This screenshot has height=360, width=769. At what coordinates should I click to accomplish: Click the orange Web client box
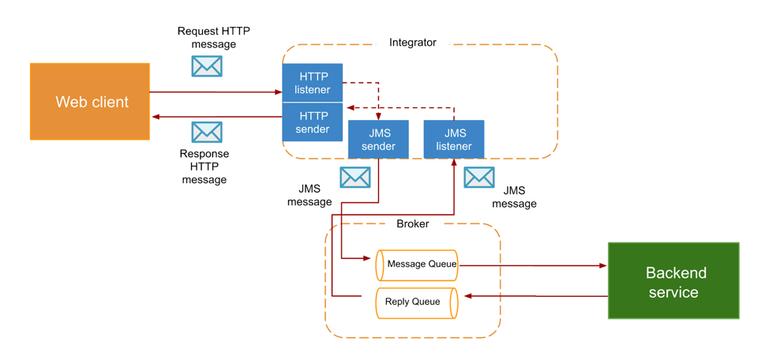click(x=90, y=102)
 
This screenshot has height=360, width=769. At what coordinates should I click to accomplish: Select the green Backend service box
click(x=673, y=281)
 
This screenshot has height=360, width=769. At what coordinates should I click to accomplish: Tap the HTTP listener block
click(x=313, y=83)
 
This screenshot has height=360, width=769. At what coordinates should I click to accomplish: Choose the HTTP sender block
click(x=313, y=122)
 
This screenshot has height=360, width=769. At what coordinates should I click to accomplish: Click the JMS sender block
click(x=378, y=140)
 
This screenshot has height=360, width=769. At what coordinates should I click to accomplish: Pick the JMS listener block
click(x=454, y=140)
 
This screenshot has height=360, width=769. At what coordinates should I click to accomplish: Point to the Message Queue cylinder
click(x=417, y=264)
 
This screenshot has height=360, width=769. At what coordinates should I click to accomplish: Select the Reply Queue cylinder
click(x=416, y=302)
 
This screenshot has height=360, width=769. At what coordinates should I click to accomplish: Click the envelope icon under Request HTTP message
click(x=207, y=66)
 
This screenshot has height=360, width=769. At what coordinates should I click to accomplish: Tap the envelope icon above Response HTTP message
click(x=207, y=132)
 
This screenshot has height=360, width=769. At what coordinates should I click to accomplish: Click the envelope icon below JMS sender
click(x=355, y=178)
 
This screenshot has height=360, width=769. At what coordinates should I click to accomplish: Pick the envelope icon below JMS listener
click(x=479, y=178)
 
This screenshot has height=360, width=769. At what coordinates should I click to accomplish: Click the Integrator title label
click(x=412, y=43)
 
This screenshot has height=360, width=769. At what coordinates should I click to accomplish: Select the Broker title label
click(x=412, y=224)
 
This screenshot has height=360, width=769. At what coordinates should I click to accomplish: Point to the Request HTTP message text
click(x=213, y=38)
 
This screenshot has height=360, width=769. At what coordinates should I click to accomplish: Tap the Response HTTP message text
click(x=204, y=167)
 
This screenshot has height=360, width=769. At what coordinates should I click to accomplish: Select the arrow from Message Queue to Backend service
click(x=533, y=266)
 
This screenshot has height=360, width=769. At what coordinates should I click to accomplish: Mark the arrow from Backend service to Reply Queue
click(x=537, y=296)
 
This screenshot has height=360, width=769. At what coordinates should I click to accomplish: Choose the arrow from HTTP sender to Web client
click(x=217, y=117)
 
